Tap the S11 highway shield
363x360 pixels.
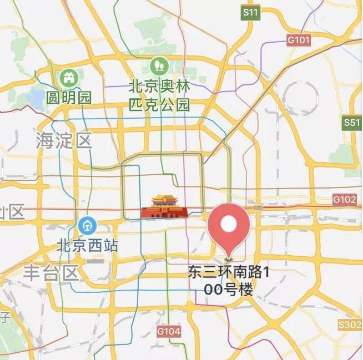pyautogui.click(x=251, y=12)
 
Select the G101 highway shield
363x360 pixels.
pyautogui.click(x=299, y=40)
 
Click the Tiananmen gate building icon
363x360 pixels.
pyautogui.click(x=163, y=206)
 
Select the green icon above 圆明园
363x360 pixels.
pyautogui.click(x=69, y=77)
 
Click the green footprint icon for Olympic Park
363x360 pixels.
pyautogui.click(x=159, y=67)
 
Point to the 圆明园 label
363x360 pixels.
pyautogui.click(x=69, y=98)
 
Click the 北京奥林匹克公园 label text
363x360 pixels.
pyautogui.click(x=159, y=95)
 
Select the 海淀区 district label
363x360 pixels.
pyautogui.click(x=63, y=140)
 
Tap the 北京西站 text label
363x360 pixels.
pyautogui.click(x=88, y=245)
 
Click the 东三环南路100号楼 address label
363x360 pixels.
pyautogui.click(x=228, y=281)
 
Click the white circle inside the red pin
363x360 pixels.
pyautogui.click(x=229, y=224)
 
